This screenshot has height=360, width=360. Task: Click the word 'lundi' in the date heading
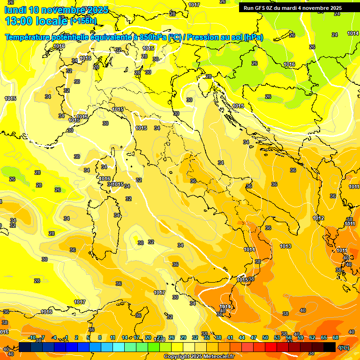tap(15, 10)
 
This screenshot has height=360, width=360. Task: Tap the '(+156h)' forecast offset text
tap(83, 21)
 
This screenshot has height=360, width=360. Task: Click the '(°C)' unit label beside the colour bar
tap(344, 347)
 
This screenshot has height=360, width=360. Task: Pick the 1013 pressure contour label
tap(285, 246)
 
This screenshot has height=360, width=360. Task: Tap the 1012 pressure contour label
tap(319, 218)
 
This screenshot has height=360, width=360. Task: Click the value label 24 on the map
tap(335, 35)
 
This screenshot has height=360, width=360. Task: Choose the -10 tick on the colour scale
tap(32, 337)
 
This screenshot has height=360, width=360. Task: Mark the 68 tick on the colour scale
tap(336, 337)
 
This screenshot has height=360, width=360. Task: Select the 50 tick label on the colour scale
tap(265, 337)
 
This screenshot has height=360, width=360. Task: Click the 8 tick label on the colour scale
tap(100, 337)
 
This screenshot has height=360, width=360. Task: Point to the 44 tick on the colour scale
tap(242, 337)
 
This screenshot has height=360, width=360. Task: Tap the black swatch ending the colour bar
tap(330, 347)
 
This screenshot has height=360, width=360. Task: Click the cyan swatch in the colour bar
tap(119, 347)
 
